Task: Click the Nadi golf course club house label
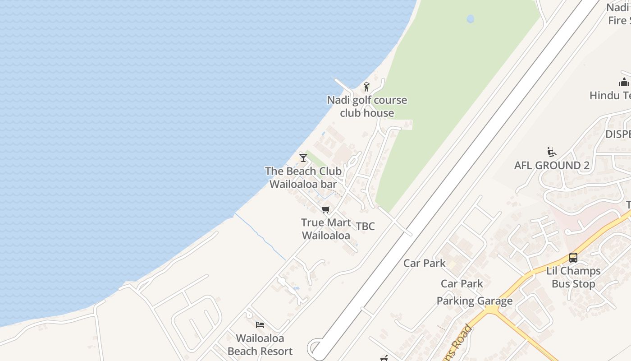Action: pyautogui.click(x=367, y=106)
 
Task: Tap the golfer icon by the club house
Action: pyautogui.click(x=366, y=86)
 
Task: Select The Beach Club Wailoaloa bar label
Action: pyautogui.click(x=303, y=177)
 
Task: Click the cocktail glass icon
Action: pyautogui.click(x=303, y=157)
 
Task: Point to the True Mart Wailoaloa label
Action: pyautogui.click(x=326, y=229)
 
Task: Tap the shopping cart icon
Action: pyautogui.click(x=326, y=209)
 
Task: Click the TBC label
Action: pyautogui.click(x=365, y=226)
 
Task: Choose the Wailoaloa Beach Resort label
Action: pyautogui.click(x=260, y=344)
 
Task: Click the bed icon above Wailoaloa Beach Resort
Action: pyautogui.click(x=260, y=324)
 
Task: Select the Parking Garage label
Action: pyautogui.click(x=475, y=301)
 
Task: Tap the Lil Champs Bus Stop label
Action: pyautogui.click(x=573, y=277)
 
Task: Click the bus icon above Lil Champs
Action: pyautogui.click(x=573, y=258)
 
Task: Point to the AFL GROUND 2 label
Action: pyautogui.click(x=552, y=166)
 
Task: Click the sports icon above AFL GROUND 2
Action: pyautogui.click(x=551, y=152)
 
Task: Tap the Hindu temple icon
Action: pyautogui.click(x=624, y=82)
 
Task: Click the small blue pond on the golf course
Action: pyautogui.click(x=471, y=19)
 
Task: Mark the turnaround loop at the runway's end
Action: pyautogui.click(x=315, y=349)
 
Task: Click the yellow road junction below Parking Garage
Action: pyautogui.click(x=493, y=310)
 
